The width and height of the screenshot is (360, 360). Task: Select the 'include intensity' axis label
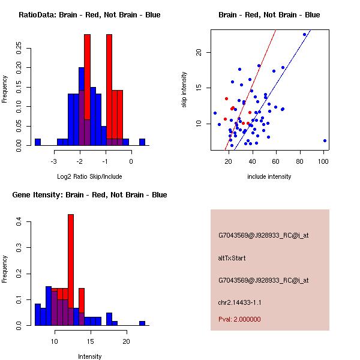(x=269, y=176)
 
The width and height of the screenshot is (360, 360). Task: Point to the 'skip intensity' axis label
(x=184, y=90)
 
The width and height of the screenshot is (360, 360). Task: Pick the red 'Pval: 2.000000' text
(x=239, y=319)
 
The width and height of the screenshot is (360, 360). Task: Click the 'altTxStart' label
(x=232, y=258)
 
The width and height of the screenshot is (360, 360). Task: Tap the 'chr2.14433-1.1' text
(x=239, y=302)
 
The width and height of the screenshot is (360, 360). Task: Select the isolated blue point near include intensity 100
(x=325, y=140)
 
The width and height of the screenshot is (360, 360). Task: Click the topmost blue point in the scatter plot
(x=305, y=34)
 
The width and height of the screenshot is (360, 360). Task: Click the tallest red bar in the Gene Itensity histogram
(x=71, y=270)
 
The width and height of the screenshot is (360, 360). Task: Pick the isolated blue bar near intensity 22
(x=142, y=323)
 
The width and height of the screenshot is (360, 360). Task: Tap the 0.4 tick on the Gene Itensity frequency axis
(x=20, y=223)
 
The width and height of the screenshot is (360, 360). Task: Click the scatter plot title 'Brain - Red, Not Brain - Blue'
(x=269, y=15)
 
